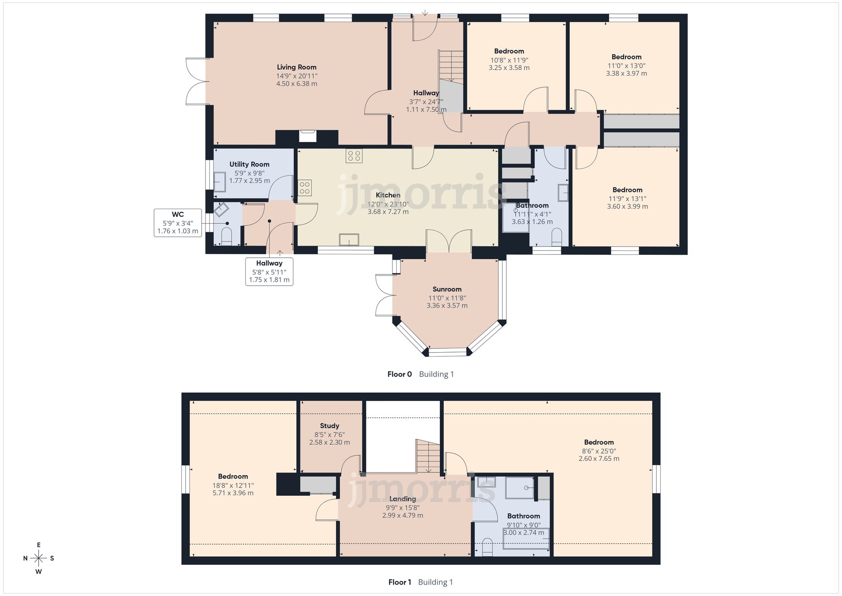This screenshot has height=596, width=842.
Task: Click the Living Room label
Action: point(296,67)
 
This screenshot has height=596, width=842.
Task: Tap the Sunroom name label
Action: point(447,289)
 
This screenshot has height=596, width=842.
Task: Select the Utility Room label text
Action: point(249,164)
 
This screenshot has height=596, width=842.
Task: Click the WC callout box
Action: point(178,222)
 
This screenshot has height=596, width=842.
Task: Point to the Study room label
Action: point(329,426)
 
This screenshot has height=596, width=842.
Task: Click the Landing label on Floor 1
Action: point(402,499)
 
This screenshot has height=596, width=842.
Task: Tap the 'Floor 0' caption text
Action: point(400,374)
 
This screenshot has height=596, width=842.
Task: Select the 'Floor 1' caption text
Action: point(400,582)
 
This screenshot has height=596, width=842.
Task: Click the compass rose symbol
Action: point(39,559)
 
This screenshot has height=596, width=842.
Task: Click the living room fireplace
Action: point(307,136)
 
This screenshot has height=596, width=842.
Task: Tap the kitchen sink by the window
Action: point(349,240)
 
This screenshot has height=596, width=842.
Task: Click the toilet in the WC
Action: point(226,236)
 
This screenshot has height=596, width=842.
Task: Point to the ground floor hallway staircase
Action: point(451,66)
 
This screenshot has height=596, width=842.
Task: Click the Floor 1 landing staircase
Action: point(427,456)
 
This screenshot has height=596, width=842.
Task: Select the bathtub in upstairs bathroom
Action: point(526,539)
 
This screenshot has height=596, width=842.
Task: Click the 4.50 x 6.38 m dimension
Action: point(296,84)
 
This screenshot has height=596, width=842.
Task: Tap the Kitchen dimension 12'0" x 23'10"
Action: point(388,204)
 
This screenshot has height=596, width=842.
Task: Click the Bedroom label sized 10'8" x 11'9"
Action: point(509,51)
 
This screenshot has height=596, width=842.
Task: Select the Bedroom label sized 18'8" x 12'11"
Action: point(233,476)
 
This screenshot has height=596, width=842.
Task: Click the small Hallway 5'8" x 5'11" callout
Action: point(269,271)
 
